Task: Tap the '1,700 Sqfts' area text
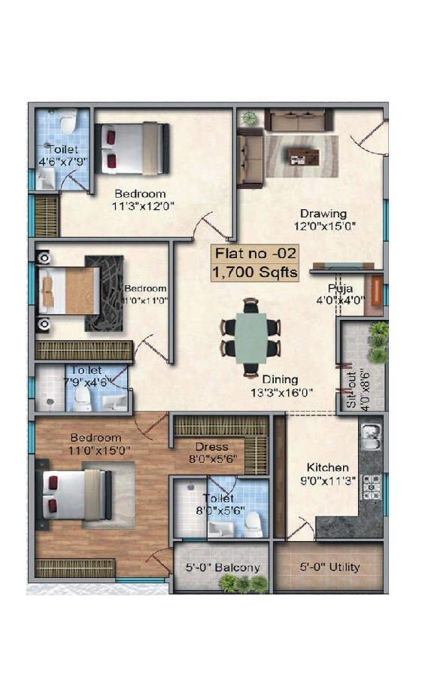click(x=255, y=272)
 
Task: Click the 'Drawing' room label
click(x=323, y=213)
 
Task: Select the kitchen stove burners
click(x=372, y=488)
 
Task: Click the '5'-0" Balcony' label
click(x=223, y=567)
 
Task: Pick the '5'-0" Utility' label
click(x=329, y=567)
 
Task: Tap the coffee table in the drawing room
click(x=303, y=156)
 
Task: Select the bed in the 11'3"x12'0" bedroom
click(x=132, y=148)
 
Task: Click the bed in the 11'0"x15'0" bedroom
click(x=75, y=494)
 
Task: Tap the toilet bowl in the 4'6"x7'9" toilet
click(x=68, y=120)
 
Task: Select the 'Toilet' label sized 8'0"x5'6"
click(x=218, y=498)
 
